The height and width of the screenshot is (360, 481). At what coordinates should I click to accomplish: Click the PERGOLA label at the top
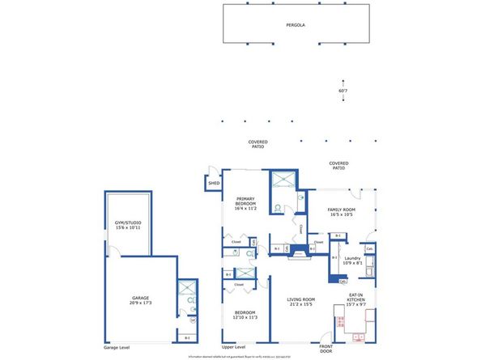pos(296,25)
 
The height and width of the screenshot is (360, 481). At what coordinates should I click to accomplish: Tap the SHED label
pos(215,184)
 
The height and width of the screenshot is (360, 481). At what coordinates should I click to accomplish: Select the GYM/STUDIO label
pos(128,222)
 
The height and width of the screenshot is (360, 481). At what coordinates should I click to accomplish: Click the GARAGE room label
pos(140,298)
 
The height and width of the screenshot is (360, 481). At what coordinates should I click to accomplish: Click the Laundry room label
pos(352,258)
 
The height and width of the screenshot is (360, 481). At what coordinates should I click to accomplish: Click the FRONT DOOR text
pos(326,348)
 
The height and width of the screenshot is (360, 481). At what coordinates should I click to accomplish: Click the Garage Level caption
pos(117,348)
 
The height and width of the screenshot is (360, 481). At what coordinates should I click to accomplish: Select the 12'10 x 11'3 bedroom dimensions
pos(245,317)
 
